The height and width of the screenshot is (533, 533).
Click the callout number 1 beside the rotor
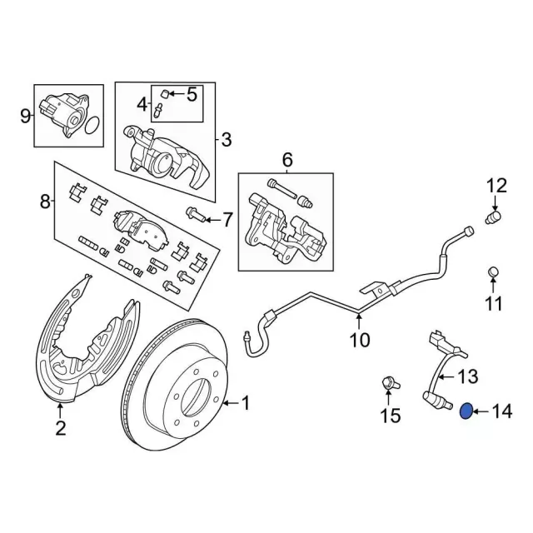[x=245, y=404]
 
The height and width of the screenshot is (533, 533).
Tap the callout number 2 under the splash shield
[x=60, y=430]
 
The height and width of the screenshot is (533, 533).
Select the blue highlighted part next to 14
[x=467, y=409]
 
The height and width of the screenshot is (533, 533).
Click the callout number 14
[x=501, y=410]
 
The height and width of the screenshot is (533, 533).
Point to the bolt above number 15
[x=387, y=384]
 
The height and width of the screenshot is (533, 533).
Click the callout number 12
[x=496, y=185]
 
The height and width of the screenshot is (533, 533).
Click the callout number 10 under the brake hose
[x=359, y=341]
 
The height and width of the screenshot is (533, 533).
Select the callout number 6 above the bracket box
[x=287, y=159]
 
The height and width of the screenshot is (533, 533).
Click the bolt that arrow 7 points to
[x=193, y=215]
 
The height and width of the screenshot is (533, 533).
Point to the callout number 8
[x=45, y=201]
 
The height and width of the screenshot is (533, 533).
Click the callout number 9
[x=25, y=115]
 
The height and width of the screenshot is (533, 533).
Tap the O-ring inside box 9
[x=92, y=126]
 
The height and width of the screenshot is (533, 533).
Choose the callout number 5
[x=192, y=94]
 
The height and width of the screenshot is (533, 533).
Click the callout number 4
[x=141, y=106]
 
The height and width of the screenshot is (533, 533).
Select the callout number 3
[x=226, y=140]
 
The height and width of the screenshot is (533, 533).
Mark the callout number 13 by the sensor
[x=469, y=376]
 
